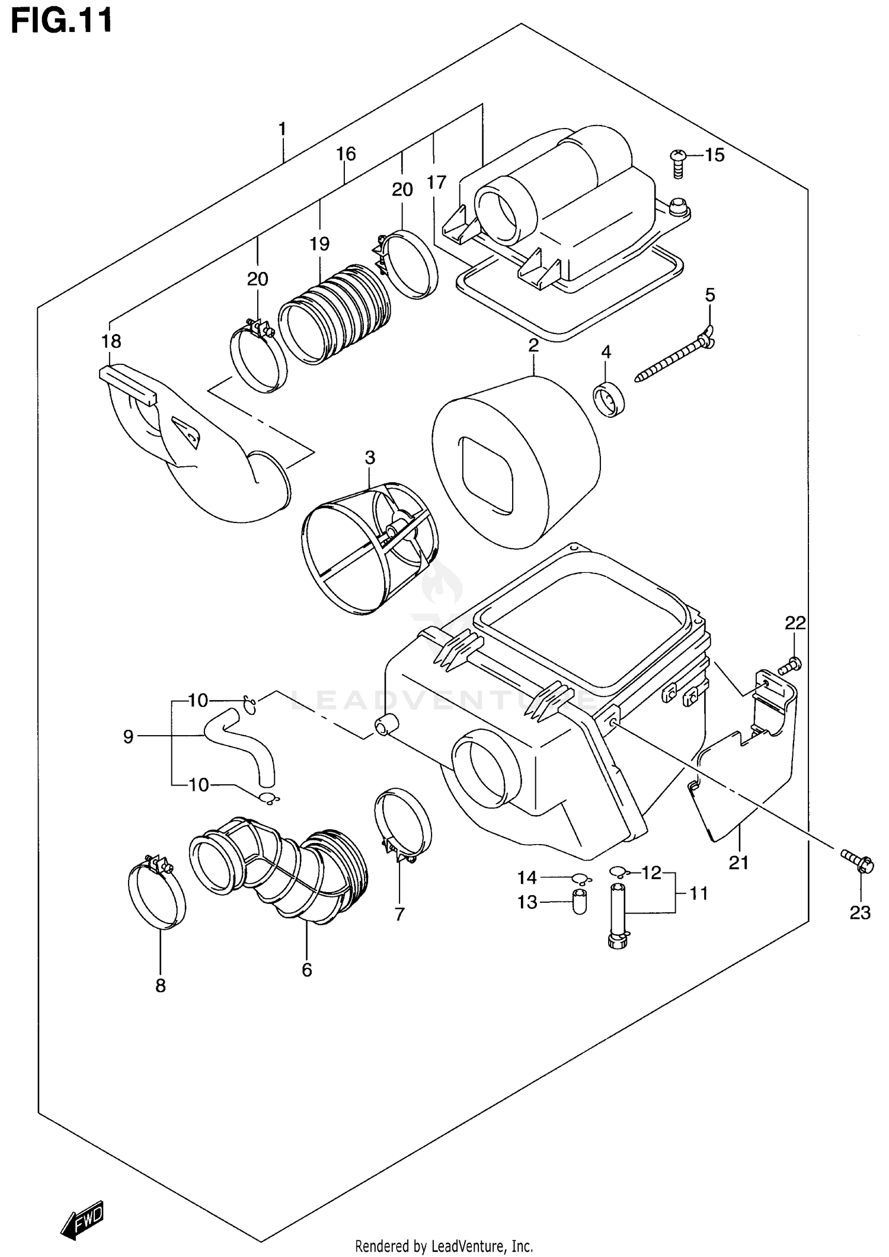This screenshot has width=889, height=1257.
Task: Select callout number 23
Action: click(859, 913)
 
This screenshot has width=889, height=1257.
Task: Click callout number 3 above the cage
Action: click(370, 457)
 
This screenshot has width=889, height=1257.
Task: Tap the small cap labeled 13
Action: click(578, 902)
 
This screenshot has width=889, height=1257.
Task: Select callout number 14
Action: click(527, 877)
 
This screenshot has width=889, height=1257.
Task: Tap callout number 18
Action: click(111, 341)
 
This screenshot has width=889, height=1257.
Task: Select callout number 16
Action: click(346, 154)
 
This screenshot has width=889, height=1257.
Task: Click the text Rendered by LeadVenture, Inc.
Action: click(444, 1247)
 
